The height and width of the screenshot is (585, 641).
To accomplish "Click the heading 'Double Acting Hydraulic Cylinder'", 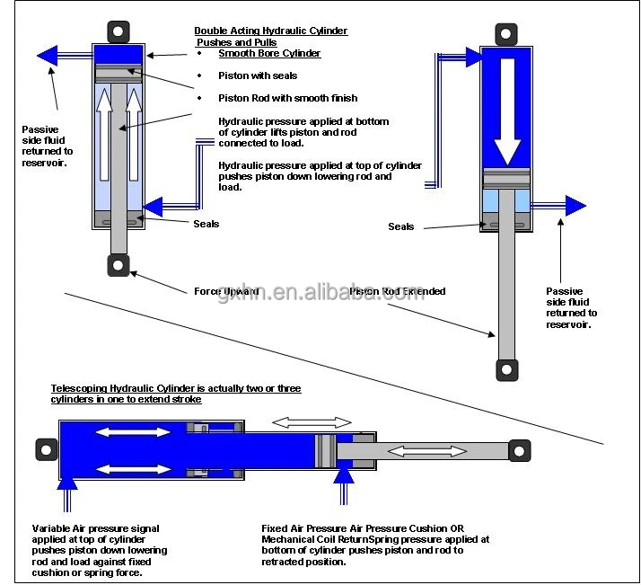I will coord(270,31).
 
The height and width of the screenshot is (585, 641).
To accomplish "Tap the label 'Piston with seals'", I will coord(258,75).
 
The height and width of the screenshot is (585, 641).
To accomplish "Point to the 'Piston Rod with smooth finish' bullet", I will coord(287,98).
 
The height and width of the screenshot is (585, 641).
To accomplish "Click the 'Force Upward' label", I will coord(226,291).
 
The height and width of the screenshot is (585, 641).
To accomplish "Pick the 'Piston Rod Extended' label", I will coord(398,291).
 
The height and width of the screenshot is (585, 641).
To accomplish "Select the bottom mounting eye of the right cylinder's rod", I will coord(507,368).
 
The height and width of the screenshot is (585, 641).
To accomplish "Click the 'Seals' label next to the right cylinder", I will coord(400,226).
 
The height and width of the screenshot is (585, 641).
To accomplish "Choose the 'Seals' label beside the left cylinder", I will coord(206,224).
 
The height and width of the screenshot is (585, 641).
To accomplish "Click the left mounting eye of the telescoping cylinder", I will coord(42,448).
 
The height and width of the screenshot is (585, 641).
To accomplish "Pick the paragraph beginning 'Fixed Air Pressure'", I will coord(375,545).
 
